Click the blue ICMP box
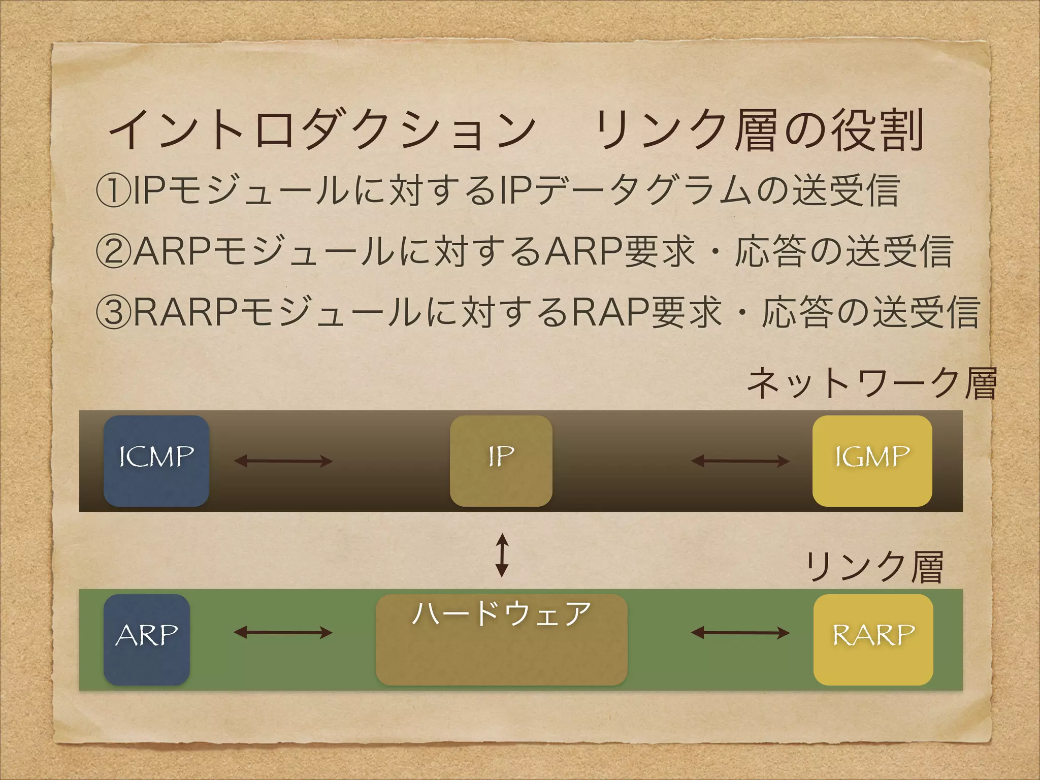point(156,461)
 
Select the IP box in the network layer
point(501,461)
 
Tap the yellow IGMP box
point(872,461)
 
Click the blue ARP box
point(147,639)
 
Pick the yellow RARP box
point(873,639)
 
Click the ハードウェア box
point(501,639)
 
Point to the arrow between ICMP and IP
point(283,461)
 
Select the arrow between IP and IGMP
point(740,461)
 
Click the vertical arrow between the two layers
point(502,555)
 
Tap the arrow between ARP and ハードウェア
point(283,632)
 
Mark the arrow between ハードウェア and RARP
point(740,632)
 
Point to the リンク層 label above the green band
point(874,567)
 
